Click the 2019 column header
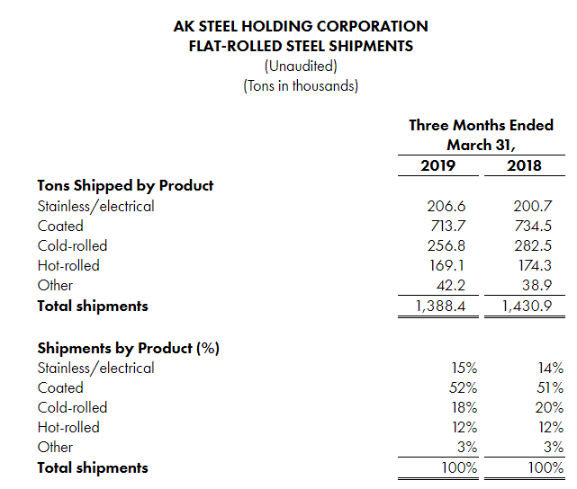coord(438,165)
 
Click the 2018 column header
coord(526,165)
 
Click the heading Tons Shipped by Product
coord(125,185)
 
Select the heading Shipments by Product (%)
coord(129,347)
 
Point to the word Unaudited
coord(301,67)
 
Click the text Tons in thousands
coord(301,86)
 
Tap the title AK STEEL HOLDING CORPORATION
coord(301,27)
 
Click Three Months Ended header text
coord(482,125)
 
